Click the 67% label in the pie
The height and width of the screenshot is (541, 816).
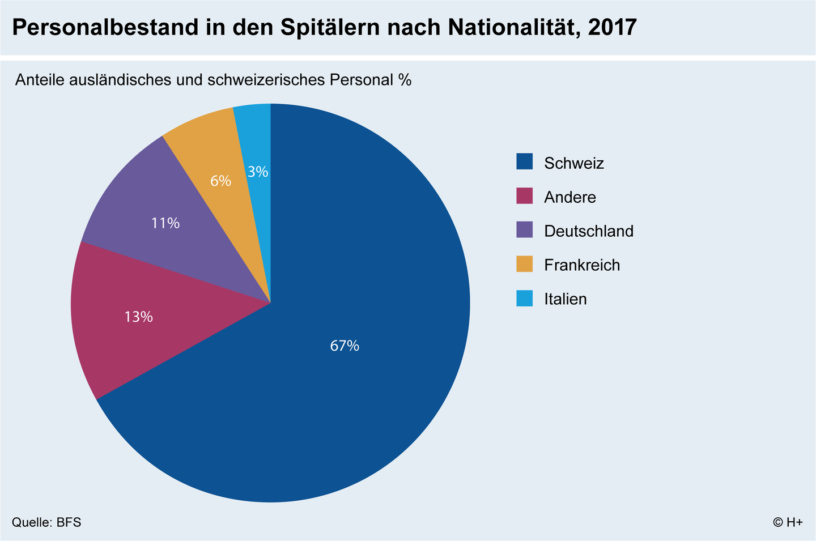pyautogui.click(x=345, y=346)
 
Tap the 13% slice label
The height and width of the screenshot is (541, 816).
pyautogui.click(x=138, y=317)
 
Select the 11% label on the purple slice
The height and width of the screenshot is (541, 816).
pyautogui.click(x=165, y=223)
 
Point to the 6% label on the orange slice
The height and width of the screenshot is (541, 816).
pyautogui.click(x=220, y=181)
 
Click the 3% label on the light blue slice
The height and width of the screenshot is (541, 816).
pyautogui.click(x=258, y=171)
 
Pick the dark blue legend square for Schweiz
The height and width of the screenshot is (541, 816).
pyautogui.click(x=525, y=162)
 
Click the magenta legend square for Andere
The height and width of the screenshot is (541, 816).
pyautogui.click(x=525, y=196)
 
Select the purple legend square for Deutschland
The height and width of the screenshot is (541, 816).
pyautogui.click(x=525, y=230)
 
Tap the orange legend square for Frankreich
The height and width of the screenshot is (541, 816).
pyautogui.click(x=525, y=264)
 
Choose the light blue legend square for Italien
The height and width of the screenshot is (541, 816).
pyautogui.click(x=525, y=298)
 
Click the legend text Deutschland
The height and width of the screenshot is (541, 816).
pyautogui.click(x=588, y=231)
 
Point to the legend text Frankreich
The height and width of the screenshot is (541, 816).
pyautogui.click(x=582, y=265)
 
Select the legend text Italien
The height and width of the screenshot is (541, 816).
pyautogui.click(x=565, y=299)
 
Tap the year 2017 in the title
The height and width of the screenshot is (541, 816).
pyautogui.click(x=613, y=28)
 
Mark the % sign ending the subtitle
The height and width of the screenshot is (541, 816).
pyautogui.click(x=405, y=80)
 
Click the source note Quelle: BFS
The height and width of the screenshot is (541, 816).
pyautogui.click(x=46, y=522)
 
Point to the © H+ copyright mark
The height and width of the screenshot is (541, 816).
pyautogui.click(x=788, y=522)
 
